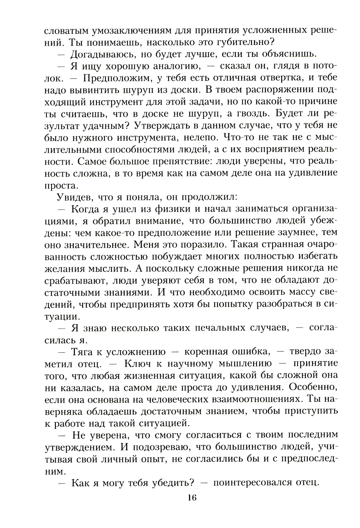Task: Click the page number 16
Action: (x=191, y=498)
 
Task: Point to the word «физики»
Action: (x=174, y=209)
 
